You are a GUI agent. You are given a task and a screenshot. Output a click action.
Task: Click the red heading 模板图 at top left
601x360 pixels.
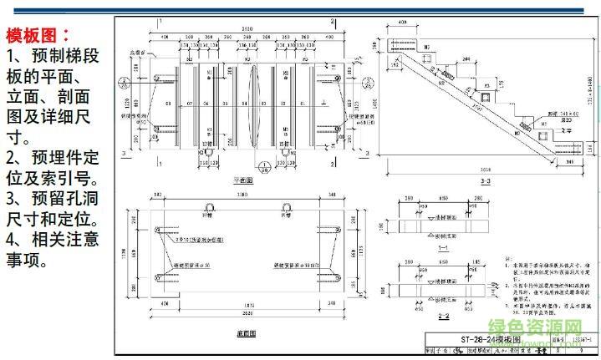37,35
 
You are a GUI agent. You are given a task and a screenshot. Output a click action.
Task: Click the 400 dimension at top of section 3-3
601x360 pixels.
402,23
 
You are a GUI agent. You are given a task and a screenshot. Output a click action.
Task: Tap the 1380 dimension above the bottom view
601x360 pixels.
242,193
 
